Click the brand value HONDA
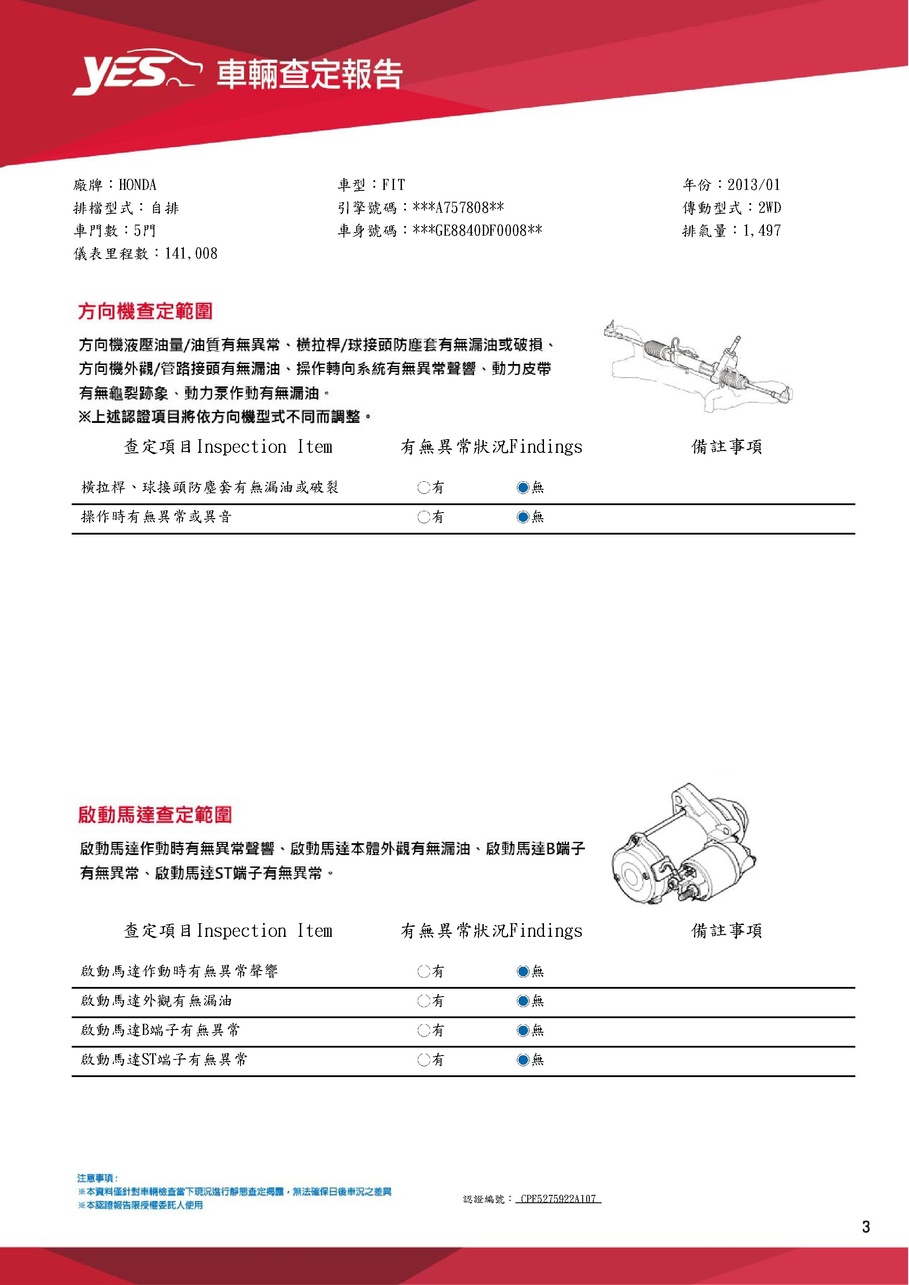[138, 185]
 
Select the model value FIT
[394, 185]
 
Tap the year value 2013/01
[753, 185]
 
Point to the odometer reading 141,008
[191, 254]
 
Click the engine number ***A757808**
[458, 208]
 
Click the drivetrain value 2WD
[770, 208]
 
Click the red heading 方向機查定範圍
[146, 311]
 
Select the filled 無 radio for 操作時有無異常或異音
[523, 517]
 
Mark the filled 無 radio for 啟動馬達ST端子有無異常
[523, 1059]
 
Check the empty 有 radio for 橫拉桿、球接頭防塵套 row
[423, 488]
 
